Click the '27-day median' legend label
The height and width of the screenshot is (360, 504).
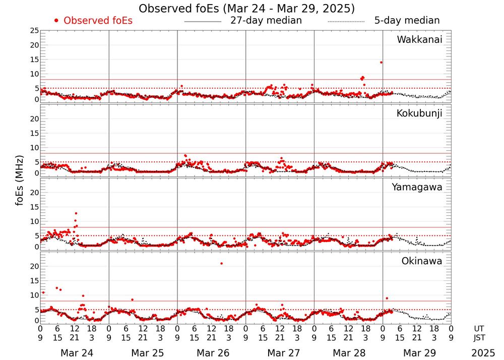266,21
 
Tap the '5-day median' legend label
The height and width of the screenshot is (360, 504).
407,21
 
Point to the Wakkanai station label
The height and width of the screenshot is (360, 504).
419,40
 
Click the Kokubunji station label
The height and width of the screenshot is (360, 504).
419,113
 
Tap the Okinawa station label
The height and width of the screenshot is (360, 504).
422,261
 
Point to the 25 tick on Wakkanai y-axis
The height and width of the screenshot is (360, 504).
34,31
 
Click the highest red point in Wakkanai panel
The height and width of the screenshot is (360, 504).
381,63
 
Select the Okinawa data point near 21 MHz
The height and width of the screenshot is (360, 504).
221,264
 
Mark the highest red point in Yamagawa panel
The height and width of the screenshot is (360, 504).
76,213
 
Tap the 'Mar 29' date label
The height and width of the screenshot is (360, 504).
416,353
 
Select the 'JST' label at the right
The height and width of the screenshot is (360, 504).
480,337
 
